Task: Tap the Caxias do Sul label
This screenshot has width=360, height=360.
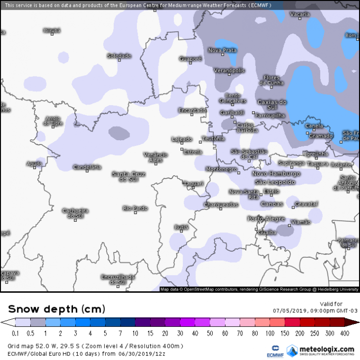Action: pos(272,105)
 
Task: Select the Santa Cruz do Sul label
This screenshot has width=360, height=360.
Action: pos(128,176)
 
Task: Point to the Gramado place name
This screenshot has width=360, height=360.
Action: pos(320,136)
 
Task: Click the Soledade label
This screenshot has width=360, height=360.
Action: pos(119,56)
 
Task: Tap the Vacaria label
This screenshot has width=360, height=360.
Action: pos(300,15)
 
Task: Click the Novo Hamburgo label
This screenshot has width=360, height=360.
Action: pos(276,173)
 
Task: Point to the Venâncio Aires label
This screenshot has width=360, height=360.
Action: pos(156,157)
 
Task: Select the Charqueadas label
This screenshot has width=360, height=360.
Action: pos(221,204)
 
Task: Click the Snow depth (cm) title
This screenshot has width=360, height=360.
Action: pos(56,309)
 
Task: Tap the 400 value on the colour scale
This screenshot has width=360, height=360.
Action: pos(345,333)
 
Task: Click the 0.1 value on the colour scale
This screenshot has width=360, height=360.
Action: pos(16,333)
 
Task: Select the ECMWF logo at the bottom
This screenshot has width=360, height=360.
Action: pos(275,350)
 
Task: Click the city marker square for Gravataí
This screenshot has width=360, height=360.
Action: pos(293,207)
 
